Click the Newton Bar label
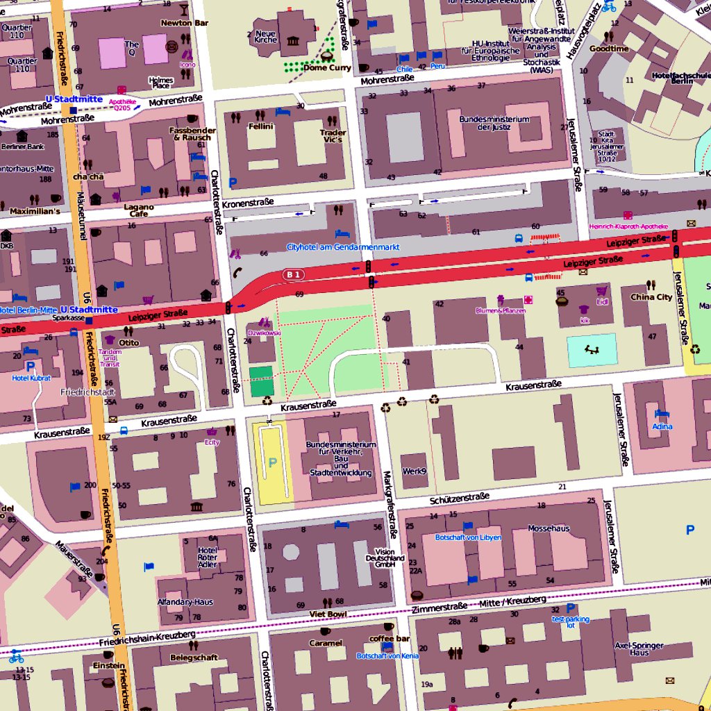pyautogui.click(x=184, y=23)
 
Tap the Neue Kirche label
pyautogui.click(x=265, y=37)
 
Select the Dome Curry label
pyautogui.click(x=327, y=68)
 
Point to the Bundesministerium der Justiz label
pyautogui.click(x=494, y=123)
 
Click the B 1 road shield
pyautogui.click(x=294, y=275)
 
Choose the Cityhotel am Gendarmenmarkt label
pyautogui.click(x=343, y=247)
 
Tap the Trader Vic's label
pyautogui.click(x=333, y=136)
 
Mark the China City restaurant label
pyautogui.click(x=651, y=297)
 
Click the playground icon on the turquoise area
pyautogui.click(x=591, y=350)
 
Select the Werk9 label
pyautogui.click(x=415, y=471)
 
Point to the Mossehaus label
pyautogui.click(x=549, y=528)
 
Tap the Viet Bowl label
pyautogui.click(x=328, y=614)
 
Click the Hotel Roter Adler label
pyautogui.click(x=207, y=557)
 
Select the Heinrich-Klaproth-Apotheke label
pyautogui.click(x=628, y=226)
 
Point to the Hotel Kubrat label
pyautogui.click(x=29, y=378)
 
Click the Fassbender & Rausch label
pyautogui.click(x=193, y=133)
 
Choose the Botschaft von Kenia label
pyautogui.click(x=387, y=655)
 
